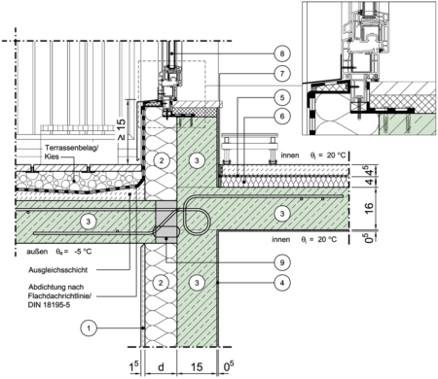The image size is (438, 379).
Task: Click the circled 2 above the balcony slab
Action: pos(163,158)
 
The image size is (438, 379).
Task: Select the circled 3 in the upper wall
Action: pos(198,158)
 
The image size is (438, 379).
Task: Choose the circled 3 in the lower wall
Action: pos(198,283)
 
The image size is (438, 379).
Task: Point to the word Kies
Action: pos(52,155)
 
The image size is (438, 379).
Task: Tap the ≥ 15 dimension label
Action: pos(121,130)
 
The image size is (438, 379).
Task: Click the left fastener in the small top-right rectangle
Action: pos(387,123)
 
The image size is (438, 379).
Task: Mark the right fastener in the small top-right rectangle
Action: pos(411,123)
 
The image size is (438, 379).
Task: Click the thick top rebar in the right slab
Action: pos(282,197)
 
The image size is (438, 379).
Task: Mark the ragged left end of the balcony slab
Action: pos(18,222)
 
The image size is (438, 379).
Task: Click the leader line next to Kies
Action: pos(70,155)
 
